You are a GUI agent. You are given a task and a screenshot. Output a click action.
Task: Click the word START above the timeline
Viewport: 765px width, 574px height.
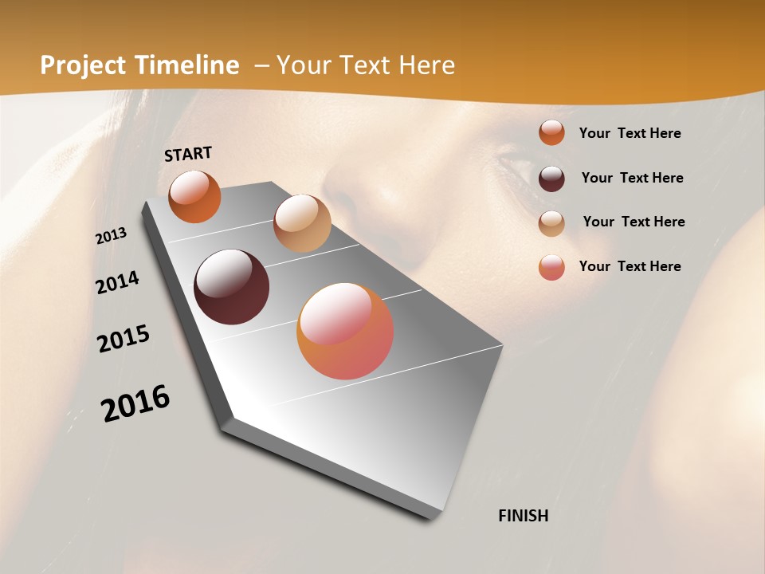point(188,154)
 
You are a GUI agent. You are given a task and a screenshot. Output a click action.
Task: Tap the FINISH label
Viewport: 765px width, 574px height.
point(523,516)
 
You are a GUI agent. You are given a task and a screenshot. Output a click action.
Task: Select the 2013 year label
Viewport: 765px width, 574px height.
point(112,236)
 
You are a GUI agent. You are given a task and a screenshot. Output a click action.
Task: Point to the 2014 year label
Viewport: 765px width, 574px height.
point(117,283)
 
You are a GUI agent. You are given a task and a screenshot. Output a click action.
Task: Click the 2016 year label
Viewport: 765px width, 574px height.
point(135,403)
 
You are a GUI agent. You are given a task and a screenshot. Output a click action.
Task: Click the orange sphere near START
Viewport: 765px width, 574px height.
point(194,196)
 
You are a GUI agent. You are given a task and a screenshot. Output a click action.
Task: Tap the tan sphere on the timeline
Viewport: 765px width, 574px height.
point(302,223)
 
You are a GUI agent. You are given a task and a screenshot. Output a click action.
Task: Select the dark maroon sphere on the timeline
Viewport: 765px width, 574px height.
point(232,287)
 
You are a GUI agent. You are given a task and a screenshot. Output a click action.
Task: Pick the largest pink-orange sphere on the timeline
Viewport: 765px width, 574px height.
point(345,331)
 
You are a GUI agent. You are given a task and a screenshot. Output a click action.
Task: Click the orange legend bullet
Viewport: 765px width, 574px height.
point(551,132)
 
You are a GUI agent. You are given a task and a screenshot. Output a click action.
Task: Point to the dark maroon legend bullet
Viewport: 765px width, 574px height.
point(551,178)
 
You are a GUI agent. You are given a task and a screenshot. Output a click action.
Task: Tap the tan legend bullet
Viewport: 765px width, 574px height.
point(551,222)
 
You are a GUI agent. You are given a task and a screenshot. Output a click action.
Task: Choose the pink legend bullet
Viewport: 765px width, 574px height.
point(551,267)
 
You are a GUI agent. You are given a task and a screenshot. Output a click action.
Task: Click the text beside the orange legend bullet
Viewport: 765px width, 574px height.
point(630,133)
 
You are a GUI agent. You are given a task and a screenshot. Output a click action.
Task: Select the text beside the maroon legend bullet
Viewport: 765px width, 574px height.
point(632,178)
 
